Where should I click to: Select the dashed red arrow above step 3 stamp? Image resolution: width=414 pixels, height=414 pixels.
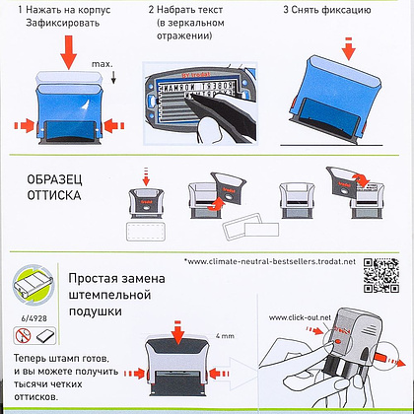[349, 46]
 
